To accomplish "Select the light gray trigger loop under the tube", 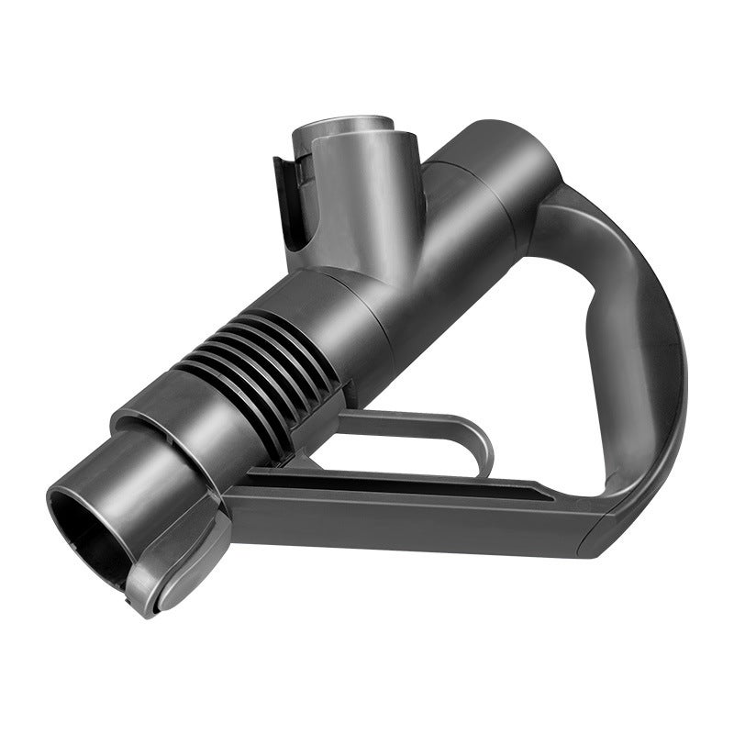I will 431,422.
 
